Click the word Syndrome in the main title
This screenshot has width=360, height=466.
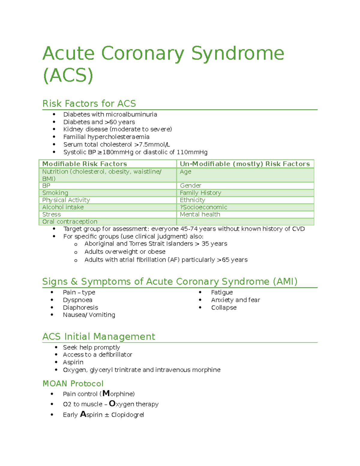(x=237, y=53)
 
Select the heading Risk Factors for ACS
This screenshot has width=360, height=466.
(x=89, y=104)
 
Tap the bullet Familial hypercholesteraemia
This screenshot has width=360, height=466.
(x=106, y=137)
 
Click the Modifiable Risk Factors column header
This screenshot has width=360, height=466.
(x=85, y=164)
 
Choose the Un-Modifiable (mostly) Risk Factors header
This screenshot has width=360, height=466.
(x=244, y=164)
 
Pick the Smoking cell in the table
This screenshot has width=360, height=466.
(x=55, y=193)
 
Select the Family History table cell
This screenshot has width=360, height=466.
(x=200, y=193)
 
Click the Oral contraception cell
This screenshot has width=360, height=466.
(x=70, y=221)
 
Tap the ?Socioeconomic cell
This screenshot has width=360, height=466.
(x=203, y=207)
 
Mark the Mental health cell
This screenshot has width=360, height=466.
(x=200, y=214)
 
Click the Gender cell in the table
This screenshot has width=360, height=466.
(x=190, y=185)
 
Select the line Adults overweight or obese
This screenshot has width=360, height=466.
(x=125, y=251)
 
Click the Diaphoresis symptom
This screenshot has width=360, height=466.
(x=80, y=308)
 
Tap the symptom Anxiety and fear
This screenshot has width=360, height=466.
(x=235, y=300)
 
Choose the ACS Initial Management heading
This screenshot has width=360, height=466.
(x=99, y=337)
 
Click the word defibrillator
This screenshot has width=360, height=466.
(x=115, y=355)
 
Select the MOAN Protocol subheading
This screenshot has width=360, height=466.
(x=73, y=383)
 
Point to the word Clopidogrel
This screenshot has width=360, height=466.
(x=127, y=415)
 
